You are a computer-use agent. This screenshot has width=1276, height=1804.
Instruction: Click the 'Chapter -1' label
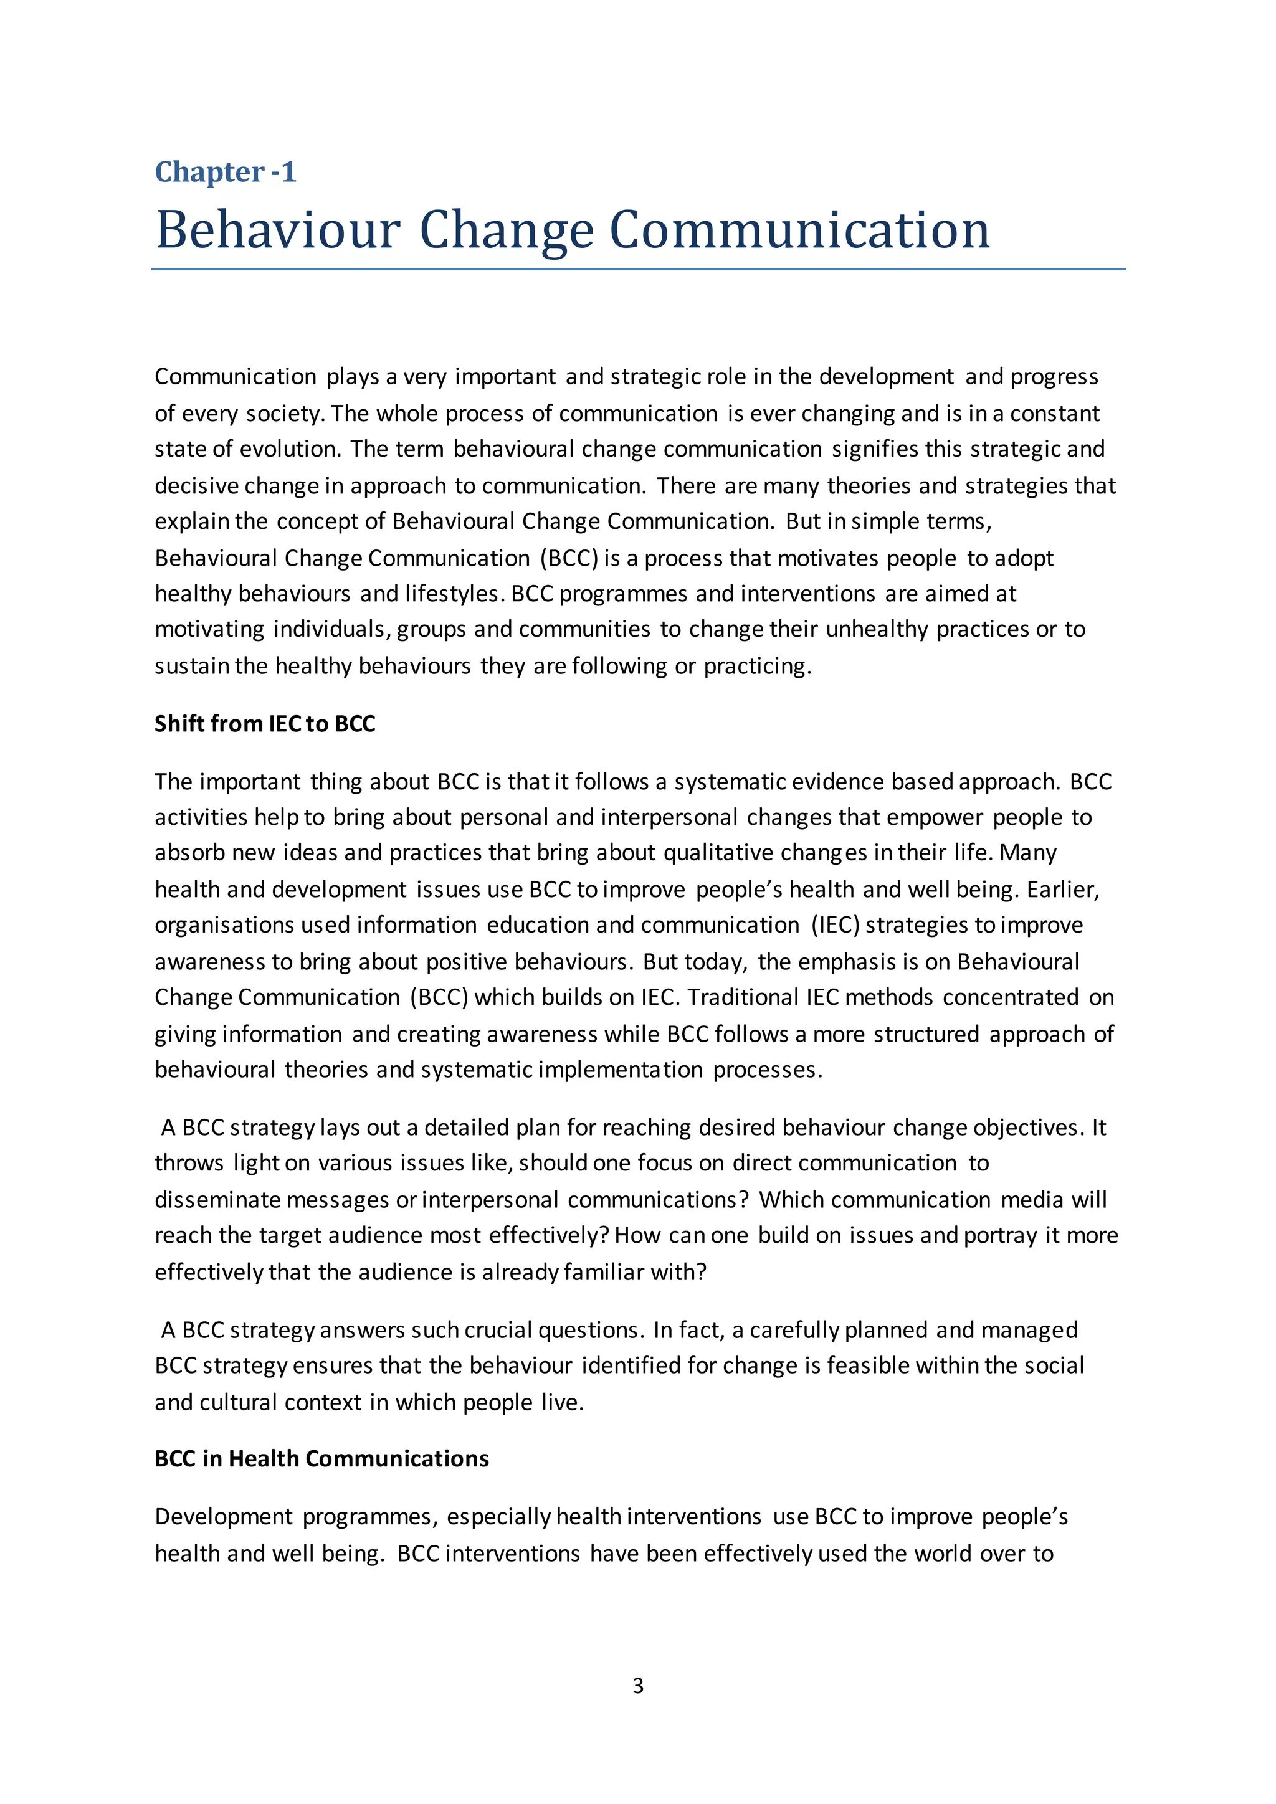[226, 172]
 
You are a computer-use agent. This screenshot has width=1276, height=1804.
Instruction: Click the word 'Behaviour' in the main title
[278, 230]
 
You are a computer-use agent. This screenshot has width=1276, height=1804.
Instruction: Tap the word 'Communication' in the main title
[799, 230]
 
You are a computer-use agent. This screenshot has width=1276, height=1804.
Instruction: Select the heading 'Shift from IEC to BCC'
[265, 724]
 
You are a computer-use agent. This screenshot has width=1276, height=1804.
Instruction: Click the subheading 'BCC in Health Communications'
[321, 1458]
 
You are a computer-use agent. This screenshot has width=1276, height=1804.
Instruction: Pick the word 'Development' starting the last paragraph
[223, 1517]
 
